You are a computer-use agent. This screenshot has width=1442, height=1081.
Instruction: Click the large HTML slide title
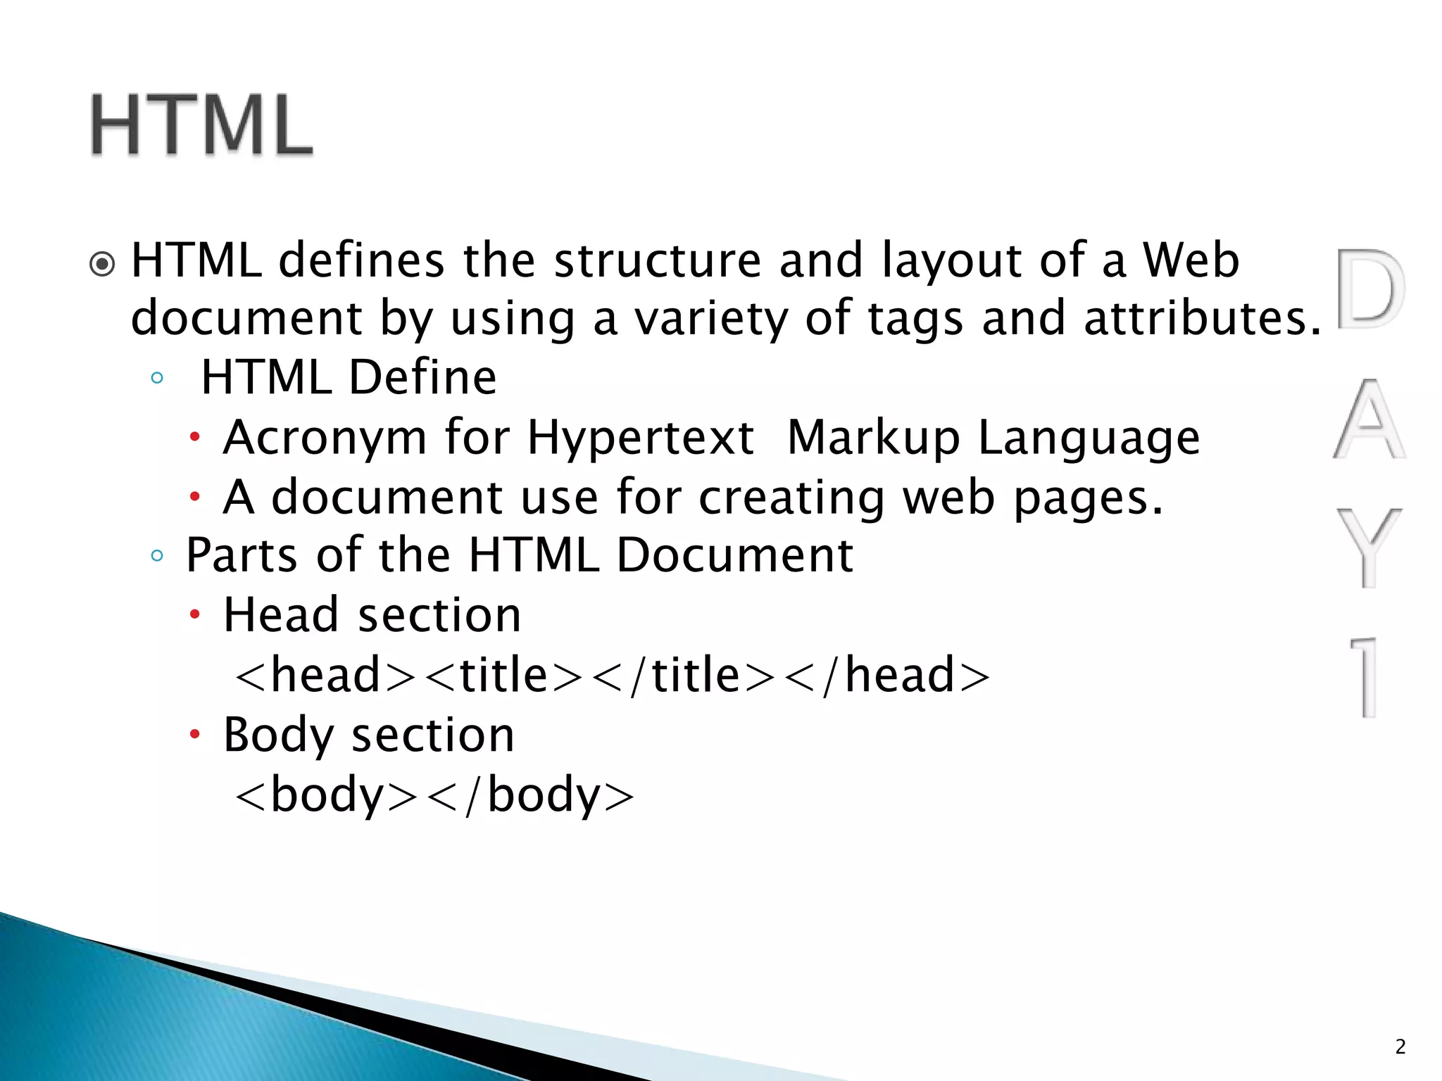[x=201, y=125]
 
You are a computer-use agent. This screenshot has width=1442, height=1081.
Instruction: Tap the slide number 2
[x=1400, y=1047]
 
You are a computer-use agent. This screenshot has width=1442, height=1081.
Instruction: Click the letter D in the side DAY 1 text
[x=1369, y=289]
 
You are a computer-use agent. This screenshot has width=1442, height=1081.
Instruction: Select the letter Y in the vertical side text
[x=1369, y=547]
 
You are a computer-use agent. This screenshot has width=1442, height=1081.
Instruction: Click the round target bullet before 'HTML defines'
[x=103, y=265]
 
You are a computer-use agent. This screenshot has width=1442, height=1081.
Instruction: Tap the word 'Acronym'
[x=325, y=438]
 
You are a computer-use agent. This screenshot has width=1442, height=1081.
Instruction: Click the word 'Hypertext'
[x=641, y=438]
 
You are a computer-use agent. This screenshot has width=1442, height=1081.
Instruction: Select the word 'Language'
[x=1089, y=438]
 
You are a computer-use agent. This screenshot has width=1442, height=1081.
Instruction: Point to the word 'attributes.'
[x=1203, y=318]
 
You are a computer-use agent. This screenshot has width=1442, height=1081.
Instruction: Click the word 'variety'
[x=711, y=320]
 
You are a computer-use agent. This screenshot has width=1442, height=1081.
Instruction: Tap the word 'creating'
[x=791, y=498]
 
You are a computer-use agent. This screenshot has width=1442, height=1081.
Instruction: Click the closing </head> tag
[x=887, y=675]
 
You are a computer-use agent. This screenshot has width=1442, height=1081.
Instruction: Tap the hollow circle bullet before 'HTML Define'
[x=157, y=378]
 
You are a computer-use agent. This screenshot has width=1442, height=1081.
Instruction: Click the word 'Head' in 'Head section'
[x=281, y=615]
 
